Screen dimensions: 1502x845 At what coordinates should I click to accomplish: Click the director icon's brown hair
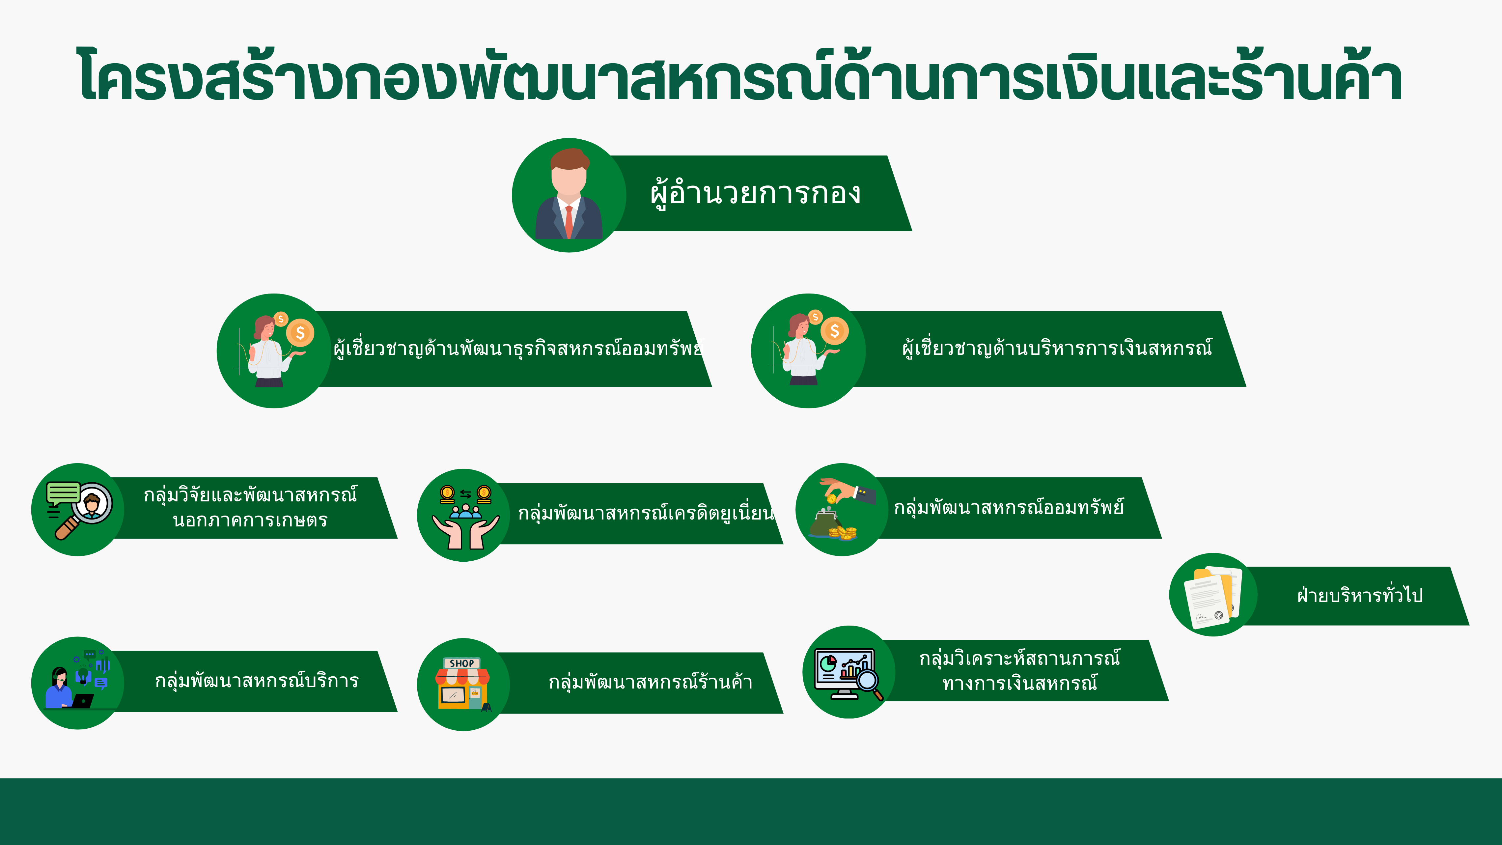(570, 158)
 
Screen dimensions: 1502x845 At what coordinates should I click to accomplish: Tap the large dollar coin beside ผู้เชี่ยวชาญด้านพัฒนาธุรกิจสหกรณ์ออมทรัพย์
(300, 333)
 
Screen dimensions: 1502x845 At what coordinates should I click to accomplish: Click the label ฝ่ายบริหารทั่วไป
(1360, 595)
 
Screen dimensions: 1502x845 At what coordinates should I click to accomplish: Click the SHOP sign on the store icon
(462, 663)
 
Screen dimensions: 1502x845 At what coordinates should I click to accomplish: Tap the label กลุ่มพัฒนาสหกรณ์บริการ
(257, 681)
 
